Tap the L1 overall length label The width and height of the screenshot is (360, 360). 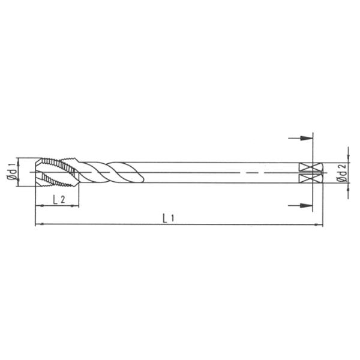pos(169,218)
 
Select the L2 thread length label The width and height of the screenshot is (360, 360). pos(59,200)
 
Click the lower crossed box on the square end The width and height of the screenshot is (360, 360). pos(307,179)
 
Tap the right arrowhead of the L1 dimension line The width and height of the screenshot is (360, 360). pos(319,225)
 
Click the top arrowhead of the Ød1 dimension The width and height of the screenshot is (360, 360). pos(19,160)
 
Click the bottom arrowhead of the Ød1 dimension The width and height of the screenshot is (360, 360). pos(19,179)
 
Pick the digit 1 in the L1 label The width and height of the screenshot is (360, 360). pos(172,219)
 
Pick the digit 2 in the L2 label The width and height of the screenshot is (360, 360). pos(62,200)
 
